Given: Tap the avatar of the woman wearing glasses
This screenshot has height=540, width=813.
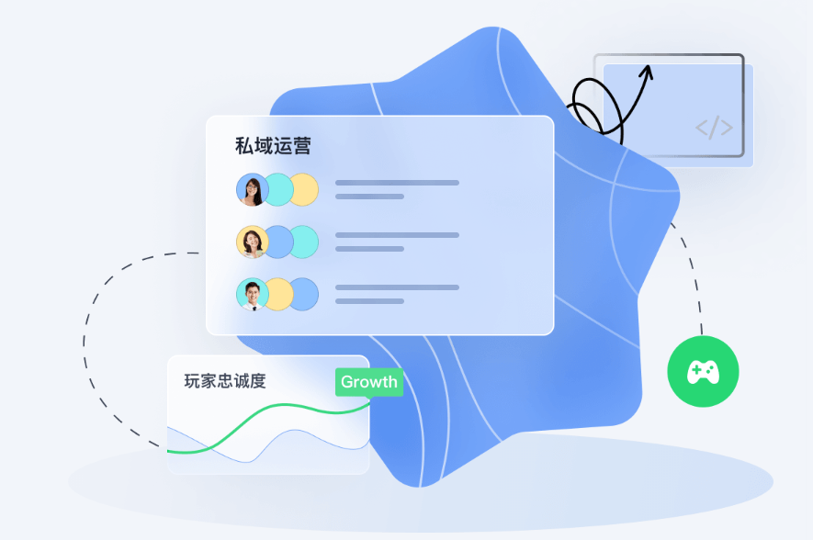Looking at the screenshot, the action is (x=252, y=190).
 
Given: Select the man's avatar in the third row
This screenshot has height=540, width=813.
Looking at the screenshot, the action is (x=252, y=294).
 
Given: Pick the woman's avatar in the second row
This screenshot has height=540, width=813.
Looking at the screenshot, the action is (x=252, y=242).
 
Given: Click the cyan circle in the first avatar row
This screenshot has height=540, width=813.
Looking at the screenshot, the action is (x=278, y=190).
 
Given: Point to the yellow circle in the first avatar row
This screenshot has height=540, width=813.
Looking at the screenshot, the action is (x=304, y=190).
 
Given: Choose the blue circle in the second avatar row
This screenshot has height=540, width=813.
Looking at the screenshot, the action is (x=278, y=242).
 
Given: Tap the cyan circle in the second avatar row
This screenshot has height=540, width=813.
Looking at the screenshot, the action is (x=304, y=242).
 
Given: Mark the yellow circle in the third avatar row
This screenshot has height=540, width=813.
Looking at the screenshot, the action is (x=278, y=294).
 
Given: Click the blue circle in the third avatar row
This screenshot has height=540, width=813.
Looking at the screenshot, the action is (x=304, y=294).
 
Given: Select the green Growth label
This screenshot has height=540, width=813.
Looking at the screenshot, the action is (x=369, y=382).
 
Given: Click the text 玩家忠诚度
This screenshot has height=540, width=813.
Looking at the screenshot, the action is (x=225, y=381).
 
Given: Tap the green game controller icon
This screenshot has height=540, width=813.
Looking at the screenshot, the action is (x=703, y=372).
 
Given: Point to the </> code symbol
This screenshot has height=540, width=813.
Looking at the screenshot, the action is (x=714, y=128).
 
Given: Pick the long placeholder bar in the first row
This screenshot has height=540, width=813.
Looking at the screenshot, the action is (x=397, y=183).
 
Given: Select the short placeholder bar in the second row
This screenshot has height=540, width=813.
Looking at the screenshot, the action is (x=369, y=249).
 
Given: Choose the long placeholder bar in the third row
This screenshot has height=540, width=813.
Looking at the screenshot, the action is (x=397, y=287).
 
